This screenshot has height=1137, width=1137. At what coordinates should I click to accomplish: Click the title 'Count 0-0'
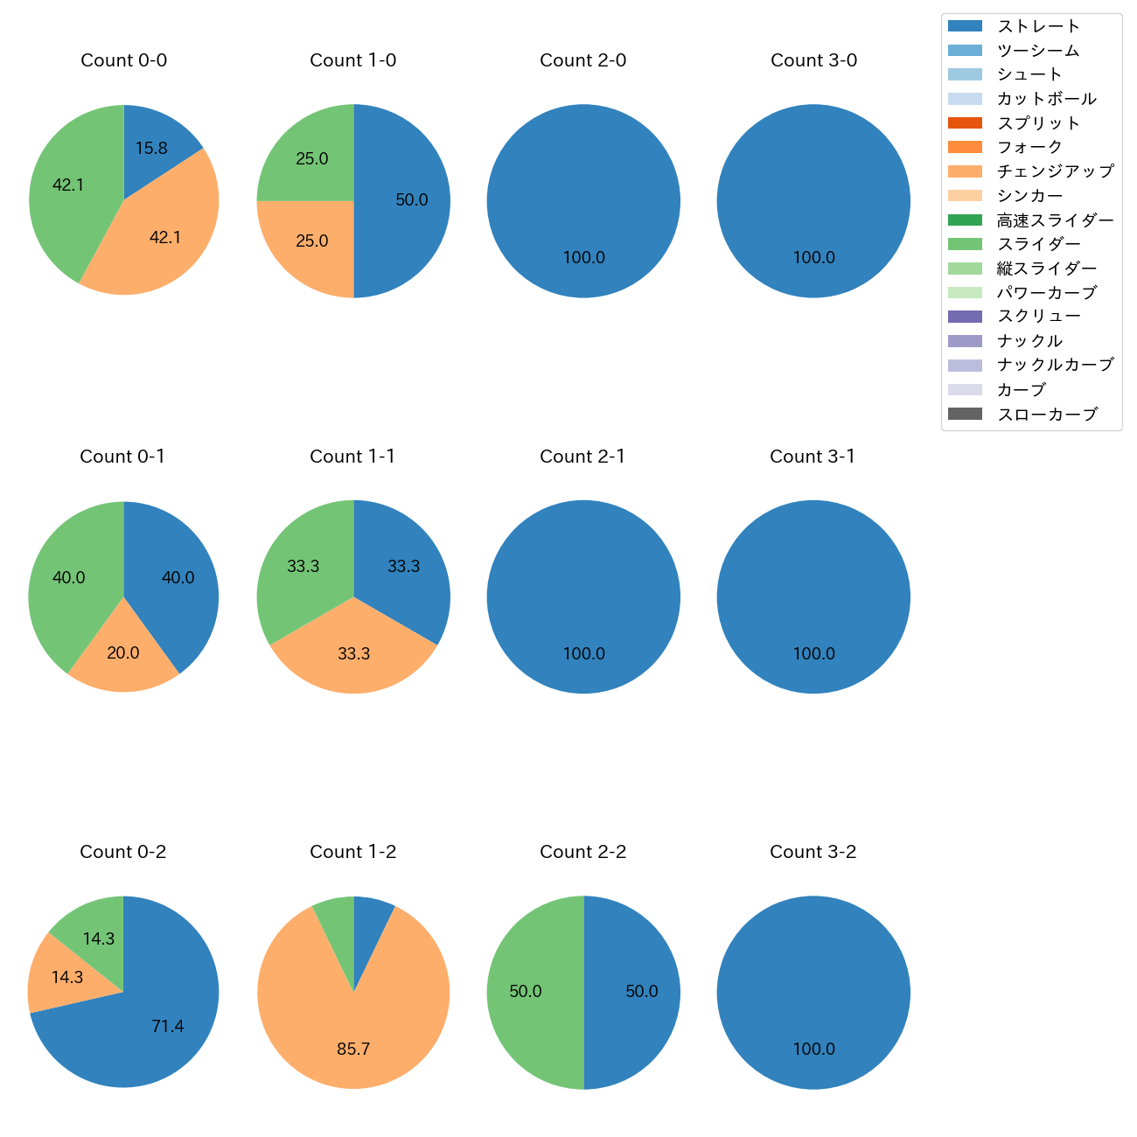point(123,60)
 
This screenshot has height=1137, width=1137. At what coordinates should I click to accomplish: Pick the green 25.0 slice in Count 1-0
point(310,159)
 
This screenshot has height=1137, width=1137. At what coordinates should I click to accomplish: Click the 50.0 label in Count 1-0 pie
point(412,200)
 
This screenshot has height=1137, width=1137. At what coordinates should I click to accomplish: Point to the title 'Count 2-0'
point(583,60)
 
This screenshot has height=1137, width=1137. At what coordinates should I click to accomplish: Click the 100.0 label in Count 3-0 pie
point(813,258)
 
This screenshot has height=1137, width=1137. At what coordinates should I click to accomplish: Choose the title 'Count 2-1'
point(583,457)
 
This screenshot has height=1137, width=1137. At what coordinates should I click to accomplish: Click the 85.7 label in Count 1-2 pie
point(353,1049)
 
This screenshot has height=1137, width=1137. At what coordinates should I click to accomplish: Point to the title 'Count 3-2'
point(813,852)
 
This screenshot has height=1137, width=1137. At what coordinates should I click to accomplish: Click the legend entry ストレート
point(1038,26)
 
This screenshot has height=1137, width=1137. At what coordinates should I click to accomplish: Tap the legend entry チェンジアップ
point(1055,171)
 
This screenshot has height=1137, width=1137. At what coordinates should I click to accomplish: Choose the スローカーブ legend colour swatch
point(965,414)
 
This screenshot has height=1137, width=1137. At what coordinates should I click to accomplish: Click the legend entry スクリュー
point(1038,317)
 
